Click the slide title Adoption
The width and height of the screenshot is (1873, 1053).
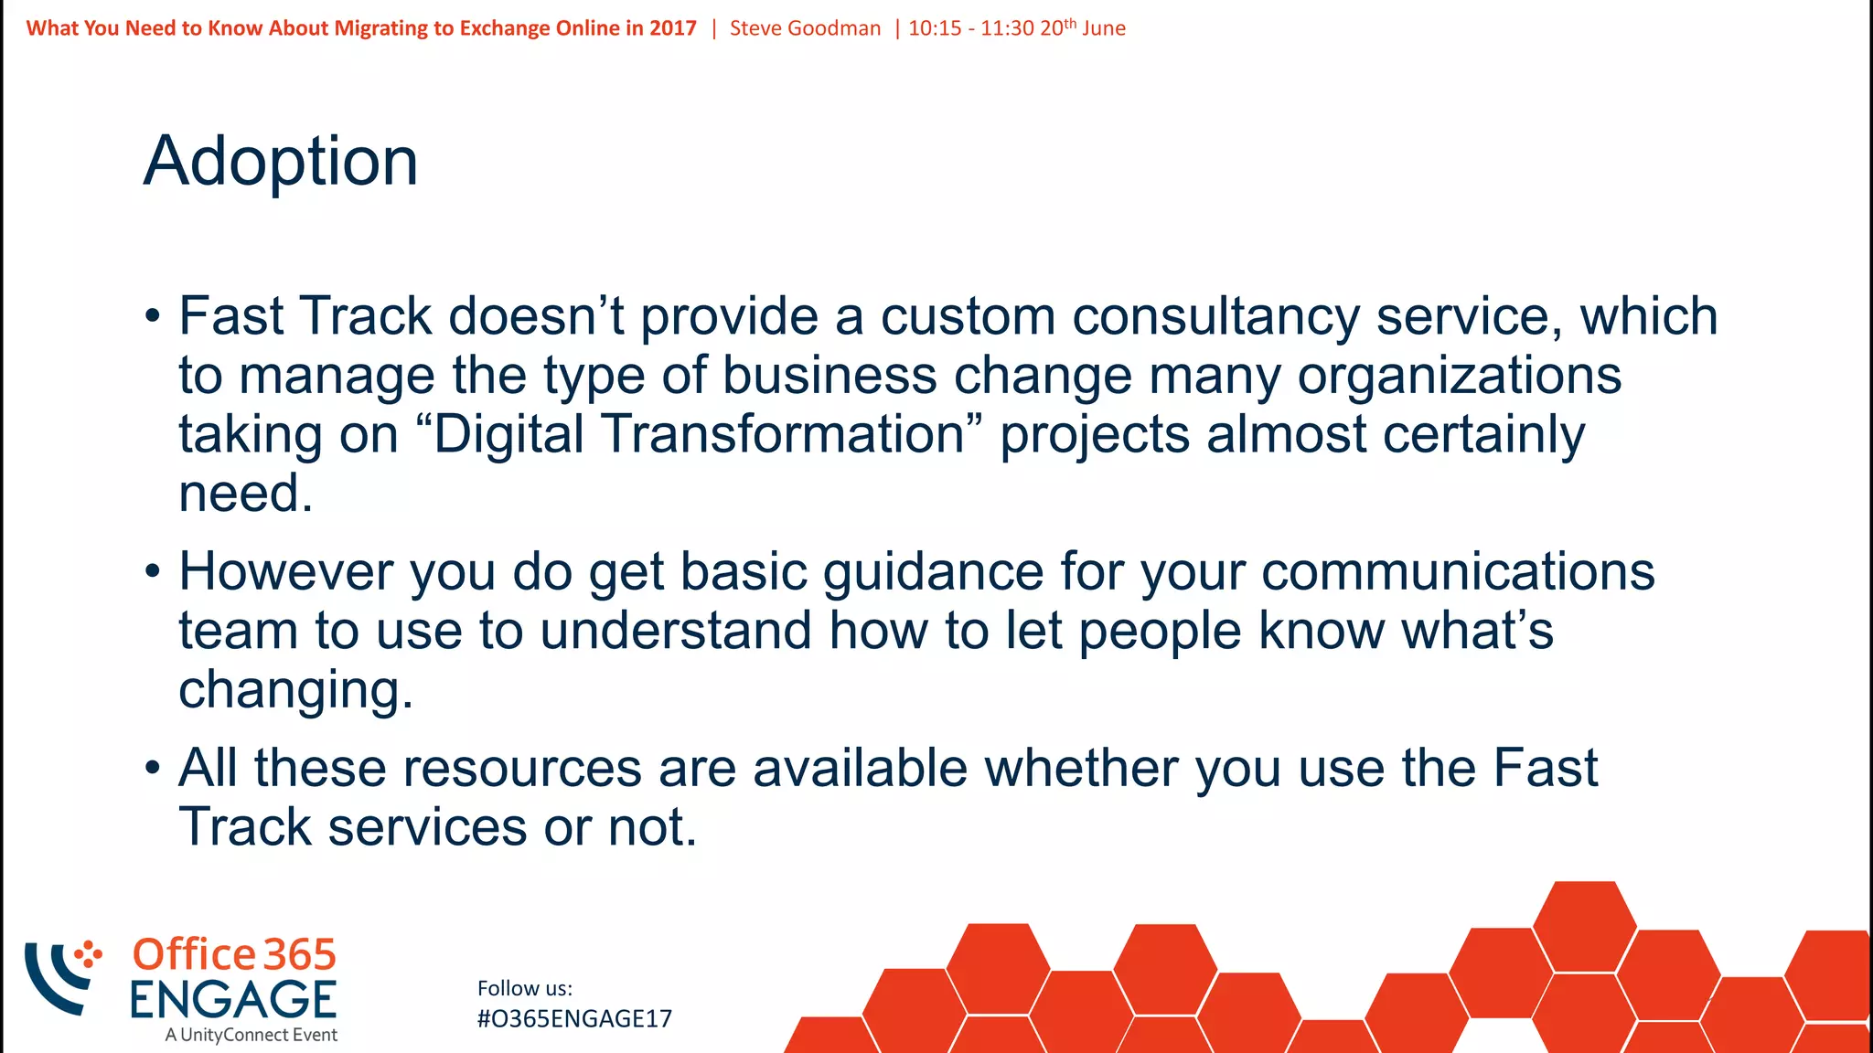pos(281,161)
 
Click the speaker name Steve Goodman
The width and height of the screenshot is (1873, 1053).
pos(805,28)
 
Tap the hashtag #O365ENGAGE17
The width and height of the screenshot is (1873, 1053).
pos(574,1018)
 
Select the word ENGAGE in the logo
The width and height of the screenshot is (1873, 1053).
pos(233,999)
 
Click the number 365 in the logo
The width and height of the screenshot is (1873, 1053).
pos(299,954)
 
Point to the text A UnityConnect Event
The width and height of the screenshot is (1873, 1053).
pos(251,1035)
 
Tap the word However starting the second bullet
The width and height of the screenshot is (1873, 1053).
pos(285,571)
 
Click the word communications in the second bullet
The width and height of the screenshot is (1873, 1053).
pos(1458,571)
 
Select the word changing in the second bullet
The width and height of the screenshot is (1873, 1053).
pos(295,690)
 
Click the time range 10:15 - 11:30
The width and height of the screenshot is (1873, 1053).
pos(971,28)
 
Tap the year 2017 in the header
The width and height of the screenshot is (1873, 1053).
pos(673,28)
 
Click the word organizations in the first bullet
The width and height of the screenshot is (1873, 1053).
pos(1460,376)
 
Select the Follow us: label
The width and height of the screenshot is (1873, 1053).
pos(525,988)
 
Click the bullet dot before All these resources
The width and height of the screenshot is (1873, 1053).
pos(152,768)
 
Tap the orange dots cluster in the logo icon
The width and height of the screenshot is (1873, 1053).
pos(88,954)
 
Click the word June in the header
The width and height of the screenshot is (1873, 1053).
pos(1104,28)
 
